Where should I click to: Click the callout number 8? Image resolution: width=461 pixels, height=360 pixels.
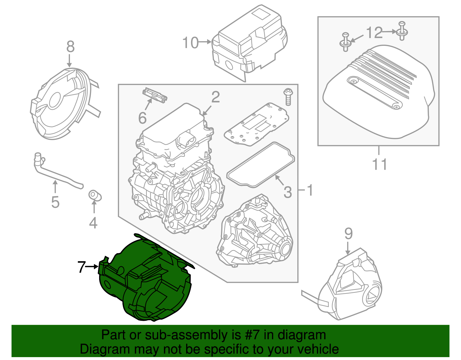click(x=70, y=47)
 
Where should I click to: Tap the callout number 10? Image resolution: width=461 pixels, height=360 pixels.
click(x=191, y=43)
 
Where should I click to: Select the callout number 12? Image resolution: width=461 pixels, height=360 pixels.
click(x=374, y=33)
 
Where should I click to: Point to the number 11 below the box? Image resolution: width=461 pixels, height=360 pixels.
click(x=379, y=164)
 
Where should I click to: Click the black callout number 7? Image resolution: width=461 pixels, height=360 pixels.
click(x=82, y=267)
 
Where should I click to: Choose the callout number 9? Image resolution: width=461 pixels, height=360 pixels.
click(x=348, y=234)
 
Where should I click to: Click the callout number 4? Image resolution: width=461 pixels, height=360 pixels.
click(x=93, y=223)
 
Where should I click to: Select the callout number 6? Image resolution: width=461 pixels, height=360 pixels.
click(x=142, y=118)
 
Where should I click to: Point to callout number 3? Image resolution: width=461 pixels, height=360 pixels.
click(x=288, y=192)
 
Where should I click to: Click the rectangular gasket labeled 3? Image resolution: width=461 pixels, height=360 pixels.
click(x=261, y=164)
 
